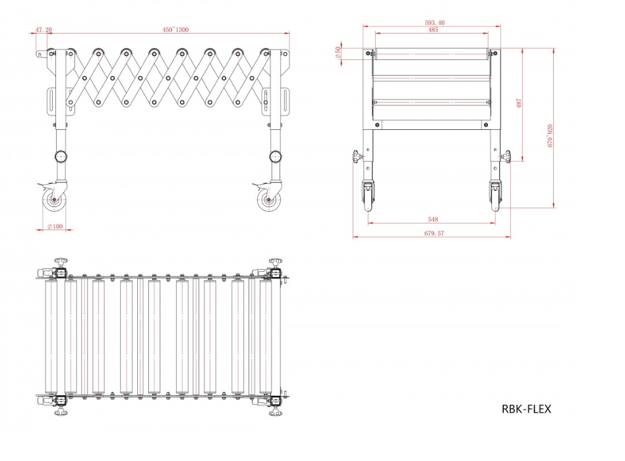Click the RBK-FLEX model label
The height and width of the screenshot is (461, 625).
point(525,409)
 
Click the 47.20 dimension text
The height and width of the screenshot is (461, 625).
point(44,30)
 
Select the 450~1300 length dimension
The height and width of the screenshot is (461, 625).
point(176,30)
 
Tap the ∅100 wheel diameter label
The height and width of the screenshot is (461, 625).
point(55,227)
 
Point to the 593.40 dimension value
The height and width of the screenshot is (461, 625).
point(434,22)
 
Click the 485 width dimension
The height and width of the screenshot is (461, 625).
point(432,30)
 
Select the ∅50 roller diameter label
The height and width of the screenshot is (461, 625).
point(338,53)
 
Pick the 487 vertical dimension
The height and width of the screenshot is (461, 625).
point(519,104)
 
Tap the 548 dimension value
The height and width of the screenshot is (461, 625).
point(432,219)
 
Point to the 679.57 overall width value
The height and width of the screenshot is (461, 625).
point(432,233)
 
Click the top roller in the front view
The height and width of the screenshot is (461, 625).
point(432,53)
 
